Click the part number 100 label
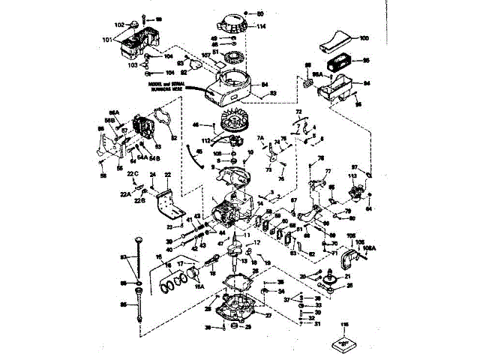(x=363, y=37)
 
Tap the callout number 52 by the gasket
(x=173, y=137)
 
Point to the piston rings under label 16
(x=175, y=284)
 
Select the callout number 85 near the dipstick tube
(x=124, y=304)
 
